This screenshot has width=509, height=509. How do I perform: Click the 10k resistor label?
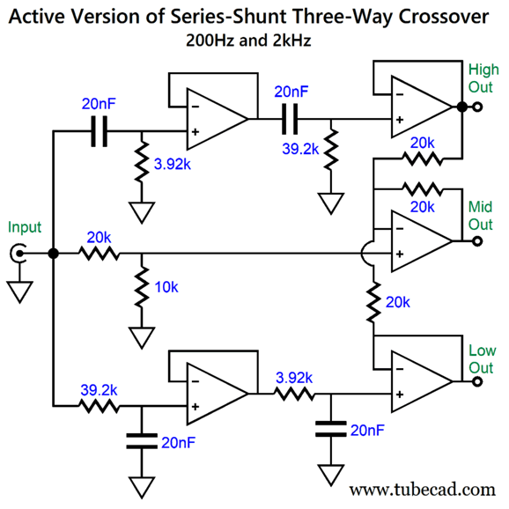tap(166, 287)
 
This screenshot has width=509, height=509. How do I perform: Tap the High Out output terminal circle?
tap(477, 107)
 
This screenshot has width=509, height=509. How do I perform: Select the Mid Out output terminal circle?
tap(477, 241)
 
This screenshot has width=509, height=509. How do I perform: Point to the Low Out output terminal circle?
tap(477, 381)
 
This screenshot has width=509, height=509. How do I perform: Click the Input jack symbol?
tap(18, 254)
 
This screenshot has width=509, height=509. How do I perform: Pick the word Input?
tap(25, 227)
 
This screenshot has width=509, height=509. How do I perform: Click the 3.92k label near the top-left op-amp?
tap(173, 165)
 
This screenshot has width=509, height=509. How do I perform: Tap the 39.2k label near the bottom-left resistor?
tap(99, 390)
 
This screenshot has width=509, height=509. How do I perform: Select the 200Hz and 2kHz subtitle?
tap(248, 41)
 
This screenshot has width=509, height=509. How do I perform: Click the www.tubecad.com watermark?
tap(422, 490)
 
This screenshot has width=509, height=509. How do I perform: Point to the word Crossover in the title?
tap(444, 17)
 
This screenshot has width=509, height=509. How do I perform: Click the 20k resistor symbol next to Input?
tap(99, 254)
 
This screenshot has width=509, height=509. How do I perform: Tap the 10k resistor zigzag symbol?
tap(142, 287)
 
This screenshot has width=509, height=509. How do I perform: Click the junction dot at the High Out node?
tap(462, 107)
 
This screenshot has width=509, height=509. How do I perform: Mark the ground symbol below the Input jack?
tap(19, 291)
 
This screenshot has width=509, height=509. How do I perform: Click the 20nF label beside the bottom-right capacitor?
tap(367, 431)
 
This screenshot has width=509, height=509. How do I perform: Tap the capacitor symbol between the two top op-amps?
tap(290, 119)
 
